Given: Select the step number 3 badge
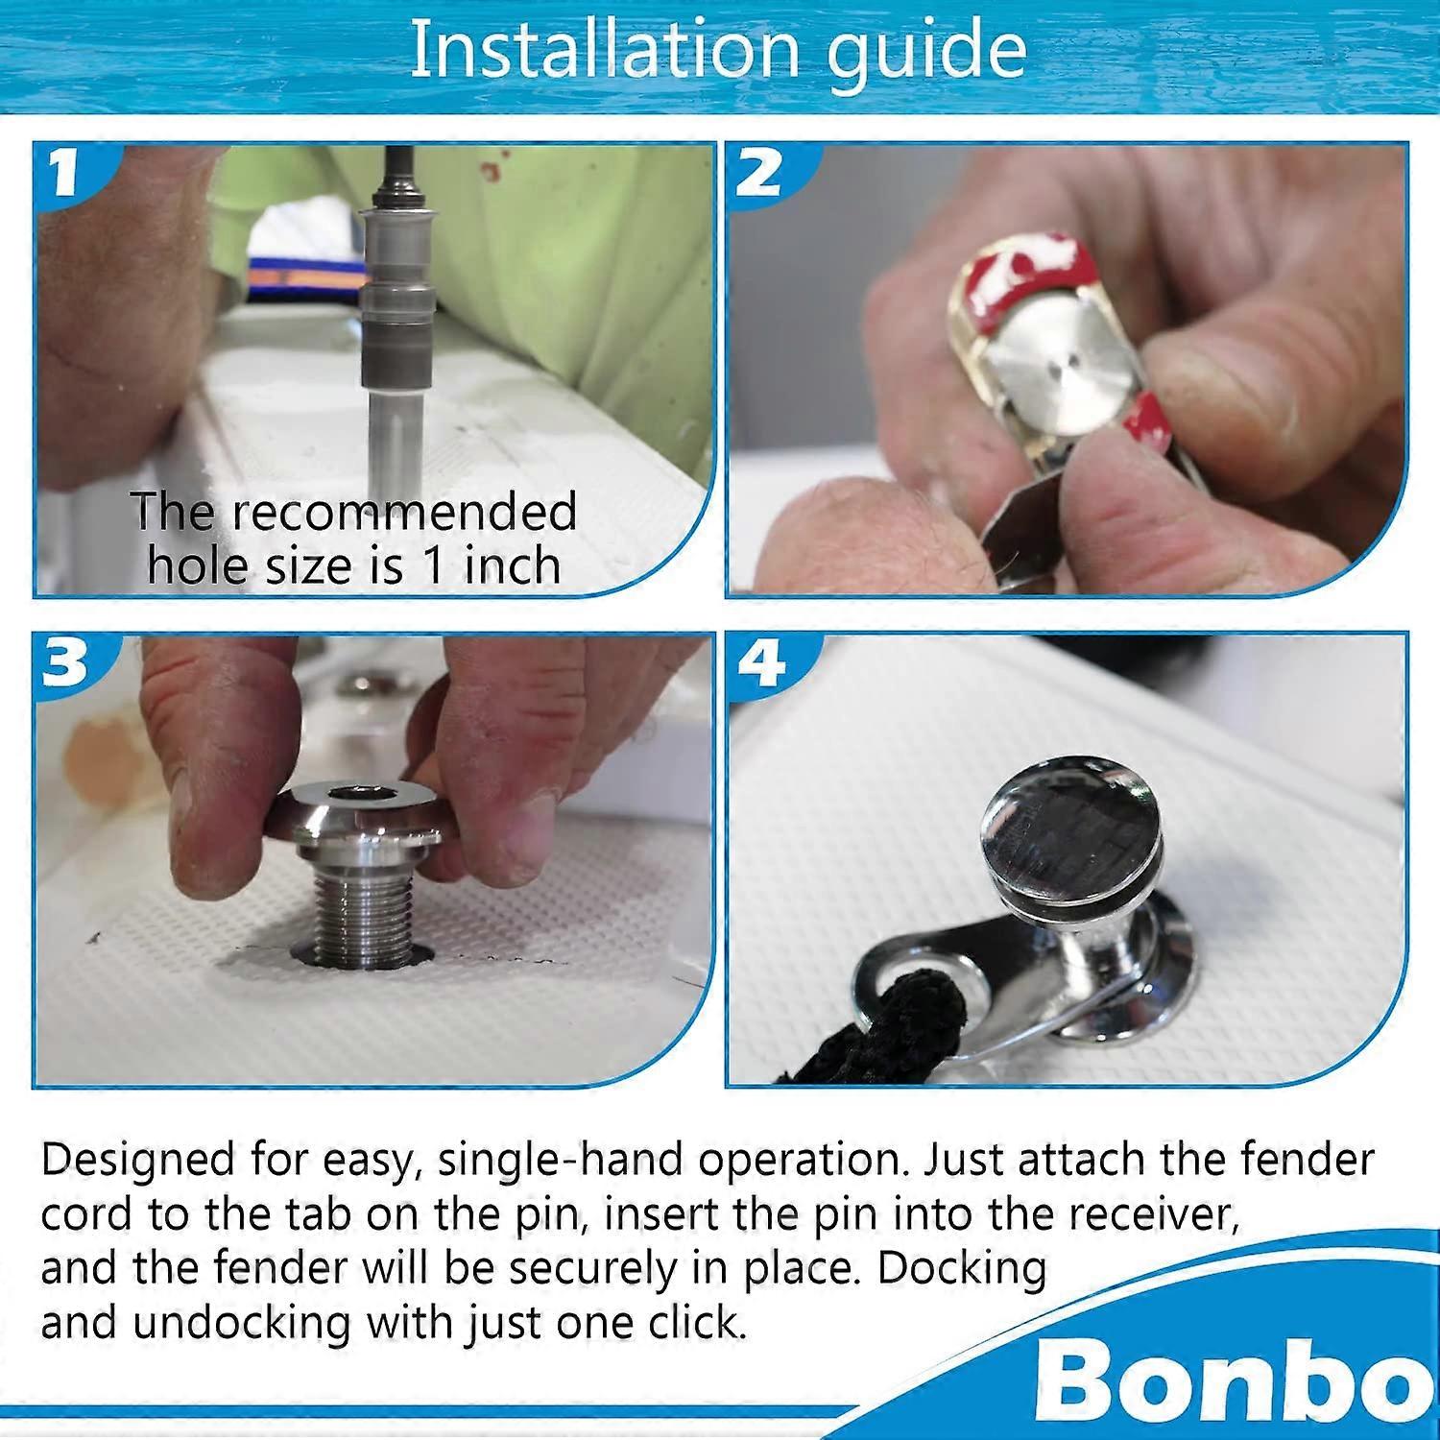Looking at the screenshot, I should click(x=65, y=662).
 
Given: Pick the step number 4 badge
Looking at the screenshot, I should click(x=760, y=662).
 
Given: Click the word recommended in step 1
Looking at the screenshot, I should click(x=404, y=512).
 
